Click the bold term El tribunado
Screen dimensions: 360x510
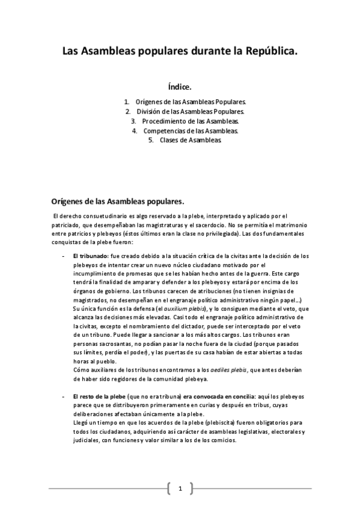point(90,256)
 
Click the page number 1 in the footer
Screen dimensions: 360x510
point(180,488)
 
